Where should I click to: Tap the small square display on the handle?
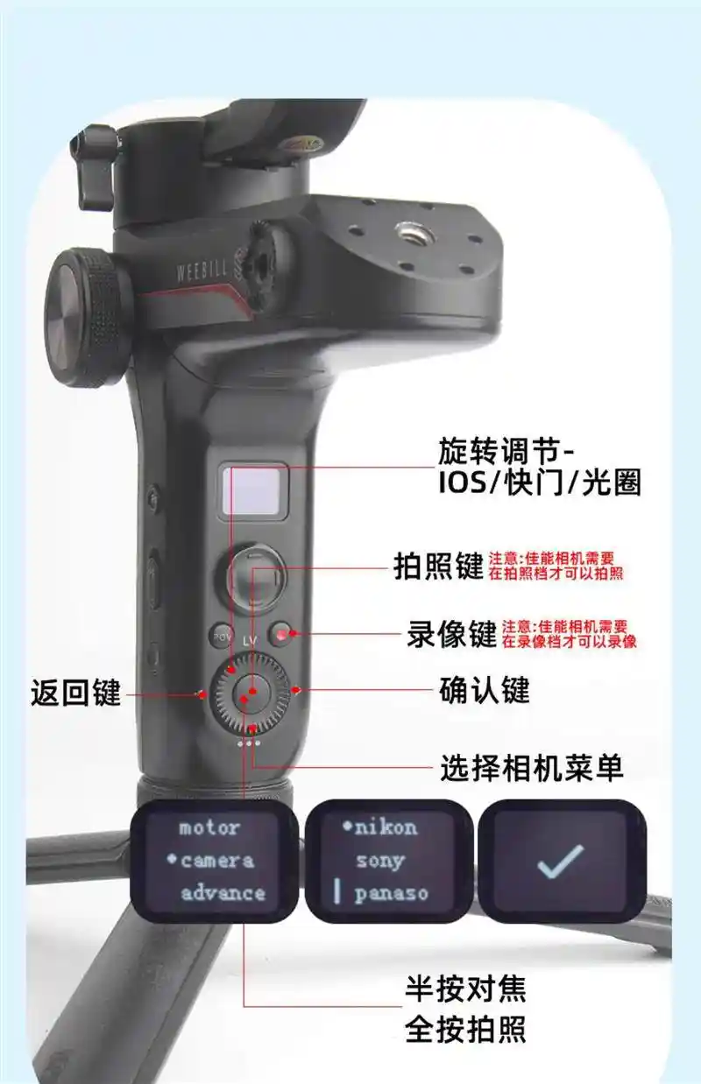coord(251,490)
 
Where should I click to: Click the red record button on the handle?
coord(281,634)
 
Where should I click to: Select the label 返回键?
coord(75,693)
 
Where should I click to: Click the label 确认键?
coord(484,690)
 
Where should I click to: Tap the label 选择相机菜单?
coord(531,767)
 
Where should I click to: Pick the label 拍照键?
coord(438,566)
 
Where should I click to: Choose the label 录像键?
coord(451,633)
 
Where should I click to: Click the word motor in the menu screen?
coord(209,827)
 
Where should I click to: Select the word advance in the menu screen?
coord(223,893)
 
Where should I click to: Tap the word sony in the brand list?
coord(380,862)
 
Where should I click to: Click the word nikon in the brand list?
coord(386,828)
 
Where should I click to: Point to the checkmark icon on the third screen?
coord(560,862)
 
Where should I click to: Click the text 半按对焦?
coord(465,989)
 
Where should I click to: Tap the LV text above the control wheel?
coord(250,641)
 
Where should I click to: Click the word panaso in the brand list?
coord(391,894)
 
